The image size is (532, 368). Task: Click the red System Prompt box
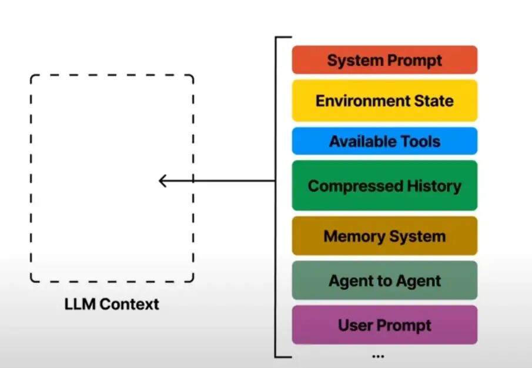click(x=384, y=60)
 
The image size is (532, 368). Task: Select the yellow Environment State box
click(x=384, y=101)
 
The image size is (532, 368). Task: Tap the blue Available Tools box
click(x=384, y=141)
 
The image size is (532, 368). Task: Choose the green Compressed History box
click(x=384, y=186)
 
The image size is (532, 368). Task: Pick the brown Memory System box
click(x=384, y=236)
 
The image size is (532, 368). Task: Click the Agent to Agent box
click(x=384, y=280)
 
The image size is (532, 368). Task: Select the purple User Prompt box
click(x=384, y=324)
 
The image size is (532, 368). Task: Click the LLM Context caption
click(x=112, y=305)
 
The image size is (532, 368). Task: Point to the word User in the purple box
click(x=354, y=324)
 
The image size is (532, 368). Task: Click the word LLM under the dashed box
click(x=78, y=305)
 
